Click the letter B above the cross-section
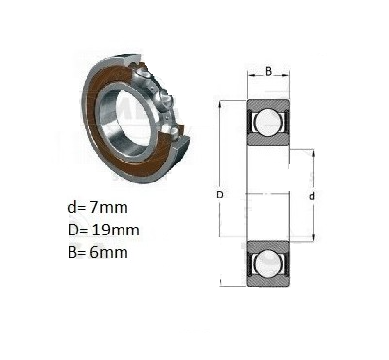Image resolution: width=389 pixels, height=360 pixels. tap(268, 71)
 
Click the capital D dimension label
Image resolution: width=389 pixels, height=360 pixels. tap(220, 195)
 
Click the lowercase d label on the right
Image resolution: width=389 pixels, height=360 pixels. tap(312, 197)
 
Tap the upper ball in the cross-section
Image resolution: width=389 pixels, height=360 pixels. tap(267, 122)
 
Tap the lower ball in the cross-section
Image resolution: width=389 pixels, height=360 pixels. tap(267, 264)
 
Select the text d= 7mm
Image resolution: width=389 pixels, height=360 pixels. tap(98, 207)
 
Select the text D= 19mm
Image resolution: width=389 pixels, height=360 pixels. tap(104, 230)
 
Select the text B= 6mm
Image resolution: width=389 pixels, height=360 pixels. tap(98, 252)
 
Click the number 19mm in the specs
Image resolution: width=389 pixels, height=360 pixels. tap(116, 230)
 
